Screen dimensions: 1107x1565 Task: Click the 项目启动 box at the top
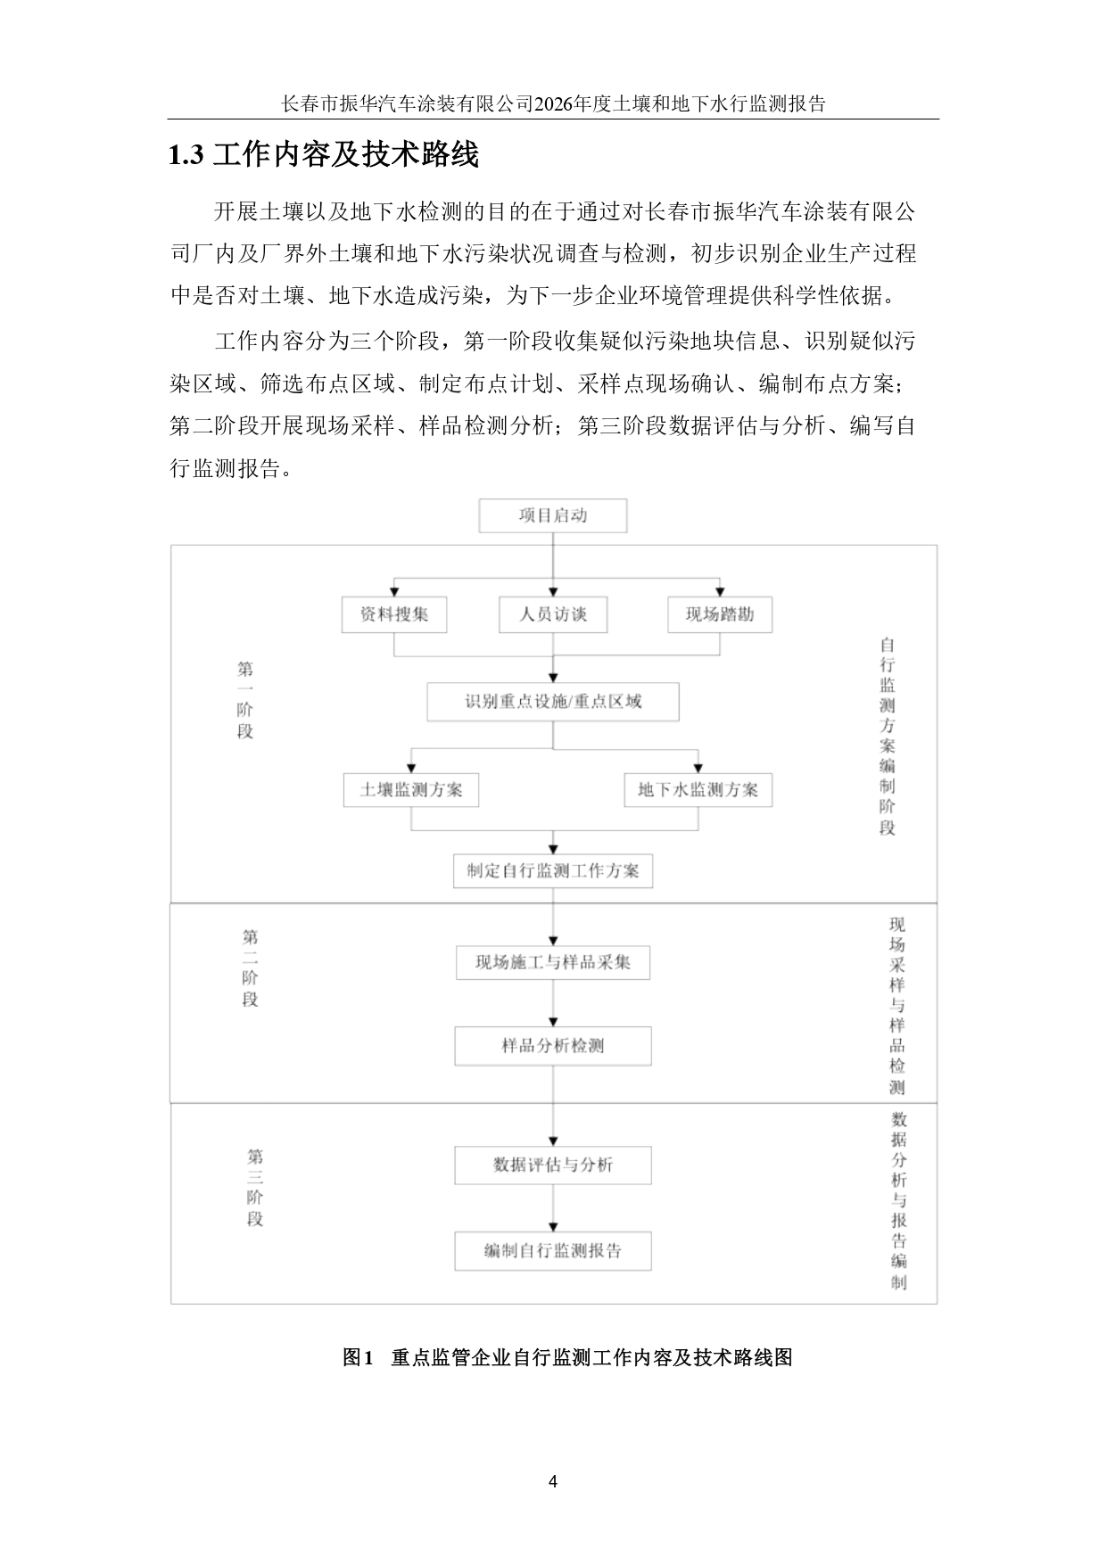pos(553,515)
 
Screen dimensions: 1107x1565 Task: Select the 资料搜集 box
pos(394,614)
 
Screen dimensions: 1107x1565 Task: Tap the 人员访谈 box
pos(553,614)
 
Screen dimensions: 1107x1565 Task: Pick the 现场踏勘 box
pos(720,614)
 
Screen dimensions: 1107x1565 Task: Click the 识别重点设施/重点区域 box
pos(553,702)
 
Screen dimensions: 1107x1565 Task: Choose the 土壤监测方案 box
pos(411,790)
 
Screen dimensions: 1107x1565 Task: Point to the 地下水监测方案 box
pos(698,790)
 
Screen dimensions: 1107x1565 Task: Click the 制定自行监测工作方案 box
pos(553,871)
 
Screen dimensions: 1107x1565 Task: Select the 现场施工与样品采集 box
pos(553,963)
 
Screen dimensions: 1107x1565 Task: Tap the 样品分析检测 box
pos(553,1046)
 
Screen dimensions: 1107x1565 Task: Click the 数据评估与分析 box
pos(553,1166)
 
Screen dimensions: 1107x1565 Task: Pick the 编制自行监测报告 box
pos(553,1251)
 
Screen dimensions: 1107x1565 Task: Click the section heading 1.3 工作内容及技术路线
pos(325,155)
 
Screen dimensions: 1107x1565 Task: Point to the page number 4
pos(553,1482)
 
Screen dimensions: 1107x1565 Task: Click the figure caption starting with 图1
pos(567,1358)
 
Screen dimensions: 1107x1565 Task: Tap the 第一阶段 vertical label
pos(245,701)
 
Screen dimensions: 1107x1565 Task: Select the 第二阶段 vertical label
pos(251,968)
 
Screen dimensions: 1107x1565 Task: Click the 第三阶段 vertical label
pos(255,1188)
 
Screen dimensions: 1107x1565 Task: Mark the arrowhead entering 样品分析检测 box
pos(553,1022)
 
